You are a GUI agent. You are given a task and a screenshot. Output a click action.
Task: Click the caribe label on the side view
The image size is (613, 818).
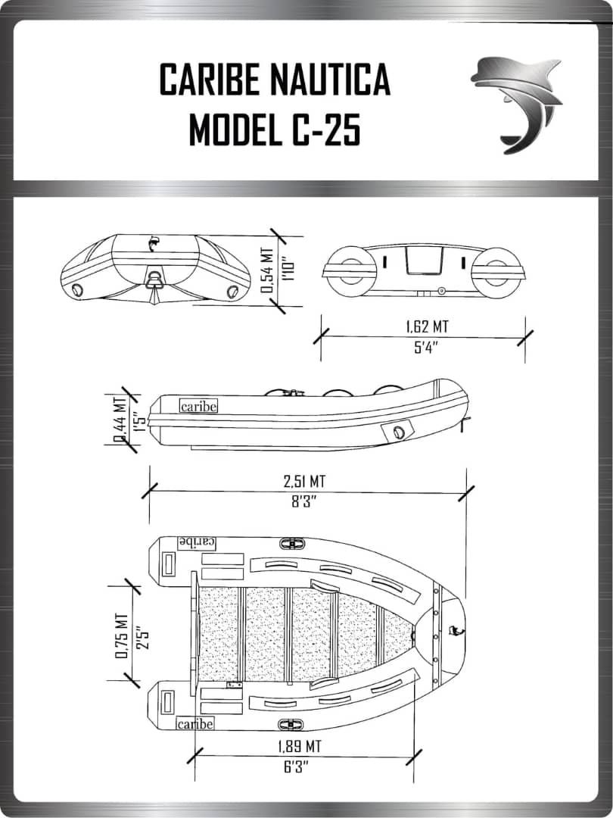click(198, 406)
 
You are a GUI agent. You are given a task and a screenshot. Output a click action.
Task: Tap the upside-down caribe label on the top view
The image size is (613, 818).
click(197, 542)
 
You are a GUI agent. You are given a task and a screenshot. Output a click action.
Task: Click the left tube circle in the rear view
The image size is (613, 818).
click(350, 270)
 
